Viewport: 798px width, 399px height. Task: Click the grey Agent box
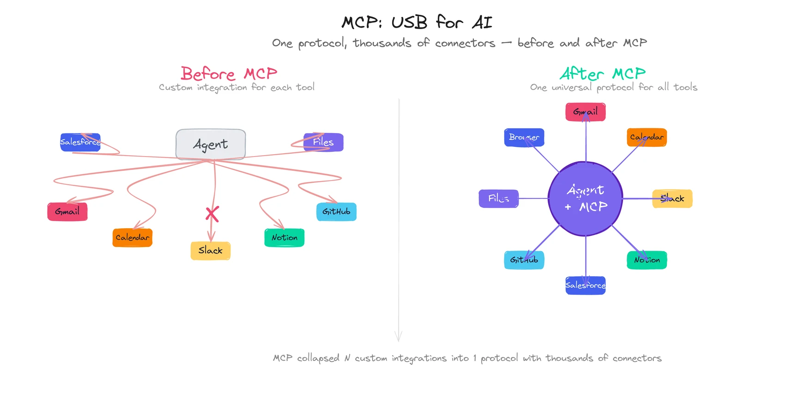pyautogui.click(x=211, y=145)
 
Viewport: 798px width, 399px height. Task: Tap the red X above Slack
pyautogui.click(x=212, y=214)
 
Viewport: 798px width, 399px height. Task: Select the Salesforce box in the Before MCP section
pyautogui.click(x=80, y=142)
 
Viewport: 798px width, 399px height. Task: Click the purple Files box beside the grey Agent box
pyautogui.click(x=323, y=142)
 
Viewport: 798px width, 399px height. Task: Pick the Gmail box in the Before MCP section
pyautogui.click(x=67, y=212)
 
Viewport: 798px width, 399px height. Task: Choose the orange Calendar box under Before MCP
pyautogui.click(x=133, y=237)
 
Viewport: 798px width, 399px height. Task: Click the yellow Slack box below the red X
pyautogui.click(x=211, y=250)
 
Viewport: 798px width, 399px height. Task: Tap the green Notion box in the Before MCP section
pyautogui.click(x=284, y=237)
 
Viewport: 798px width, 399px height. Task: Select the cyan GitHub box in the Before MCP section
pyautogui.click(x=336, y=212)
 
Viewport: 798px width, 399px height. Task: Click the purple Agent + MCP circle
pyautogui.click(x=586, y=199)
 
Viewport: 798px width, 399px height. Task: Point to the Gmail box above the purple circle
pyautogui.click(x=586, y=112)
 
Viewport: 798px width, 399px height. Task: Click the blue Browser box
pyautogui.click(x=524, y=138)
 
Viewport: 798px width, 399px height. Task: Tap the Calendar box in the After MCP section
pyautogui.click(x=647, y=138)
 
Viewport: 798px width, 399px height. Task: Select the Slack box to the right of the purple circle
pyautogui.click(x=672, y=199)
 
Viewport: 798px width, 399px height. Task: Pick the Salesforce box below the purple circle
pyautogui.click(x=586, y=285)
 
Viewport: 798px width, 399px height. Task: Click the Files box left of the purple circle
pyautogui.click(x=499, y=199)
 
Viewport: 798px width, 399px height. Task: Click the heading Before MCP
pyautogui.click(x=229, y=74)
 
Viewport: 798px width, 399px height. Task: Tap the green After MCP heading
pyautogui.click(x=603, y=74)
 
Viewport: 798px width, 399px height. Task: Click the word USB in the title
pyautogui.click(x=409, y=23)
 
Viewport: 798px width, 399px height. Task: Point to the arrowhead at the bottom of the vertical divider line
pyautogui.click(x=399, y=338)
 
